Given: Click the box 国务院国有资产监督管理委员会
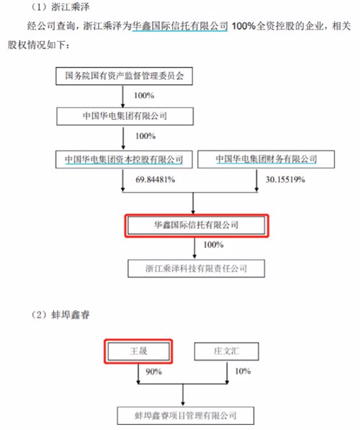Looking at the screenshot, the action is click(125, 76).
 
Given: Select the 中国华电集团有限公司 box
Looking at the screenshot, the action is click(125, 116).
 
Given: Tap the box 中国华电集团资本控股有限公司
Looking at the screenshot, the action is click(124, 159).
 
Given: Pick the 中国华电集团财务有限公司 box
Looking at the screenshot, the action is click(266, 159).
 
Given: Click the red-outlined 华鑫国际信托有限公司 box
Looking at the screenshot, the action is click(197, 225).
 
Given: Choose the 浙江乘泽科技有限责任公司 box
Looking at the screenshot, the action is click(197, 269).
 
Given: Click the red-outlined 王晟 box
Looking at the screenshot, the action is click(138, 351).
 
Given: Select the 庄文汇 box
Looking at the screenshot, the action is click(227, 351).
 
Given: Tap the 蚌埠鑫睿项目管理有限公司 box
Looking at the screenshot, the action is click(186, 416).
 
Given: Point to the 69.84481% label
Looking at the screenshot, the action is click(156, 179).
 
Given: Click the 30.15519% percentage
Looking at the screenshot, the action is click(285, 179).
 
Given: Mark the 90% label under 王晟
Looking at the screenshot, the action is click(153, 372).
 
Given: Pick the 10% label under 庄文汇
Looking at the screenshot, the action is click(243, 371).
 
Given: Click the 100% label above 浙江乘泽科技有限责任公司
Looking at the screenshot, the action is click(213, 244).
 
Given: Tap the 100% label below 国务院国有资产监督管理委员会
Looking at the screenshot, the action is click(144, 95).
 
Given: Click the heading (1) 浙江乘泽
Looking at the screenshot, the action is click(60, 7).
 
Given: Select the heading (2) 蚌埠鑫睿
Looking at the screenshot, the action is click(60, 315).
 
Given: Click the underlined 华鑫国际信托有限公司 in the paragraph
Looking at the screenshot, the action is click(180, 26).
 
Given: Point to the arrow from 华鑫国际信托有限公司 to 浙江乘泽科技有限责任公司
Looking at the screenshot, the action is click(194, 248).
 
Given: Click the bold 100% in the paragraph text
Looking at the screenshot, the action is click(244, 26).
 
